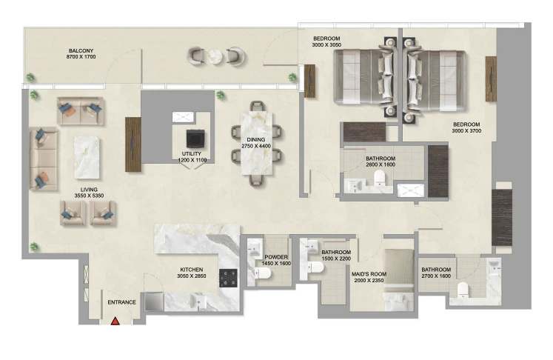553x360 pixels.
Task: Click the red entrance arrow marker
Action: coord(115,321)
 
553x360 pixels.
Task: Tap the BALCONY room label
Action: coord(81,51)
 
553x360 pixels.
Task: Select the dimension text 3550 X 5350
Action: coord(89,196)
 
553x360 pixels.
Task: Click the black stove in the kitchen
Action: coord(228,278)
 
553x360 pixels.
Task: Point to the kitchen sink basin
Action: coord(198,301)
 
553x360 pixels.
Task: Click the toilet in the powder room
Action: coord(262,273)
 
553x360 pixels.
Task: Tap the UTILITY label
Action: coord(192,154)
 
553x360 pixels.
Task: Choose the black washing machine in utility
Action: coord(195,139)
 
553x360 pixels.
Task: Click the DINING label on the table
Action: coord(256,140)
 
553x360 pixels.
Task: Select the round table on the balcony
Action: coord(215,56)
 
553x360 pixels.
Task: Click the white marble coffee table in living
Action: coord(87,158)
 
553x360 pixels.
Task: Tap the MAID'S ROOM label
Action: coord(369,274)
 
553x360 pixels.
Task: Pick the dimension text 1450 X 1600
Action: coord(276,263)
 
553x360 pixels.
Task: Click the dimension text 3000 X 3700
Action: coord(466,130)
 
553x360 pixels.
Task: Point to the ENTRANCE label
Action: coord(121,302)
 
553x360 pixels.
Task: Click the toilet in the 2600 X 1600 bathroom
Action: coord(380,178)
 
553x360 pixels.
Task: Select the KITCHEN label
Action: coord(192,270)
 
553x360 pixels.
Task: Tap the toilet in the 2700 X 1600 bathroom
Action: coord(463,290)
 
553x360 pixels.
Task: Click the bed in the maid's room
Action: coord(398,280)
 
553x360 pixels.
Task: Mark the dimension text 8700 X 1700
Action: coord(81,56)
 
